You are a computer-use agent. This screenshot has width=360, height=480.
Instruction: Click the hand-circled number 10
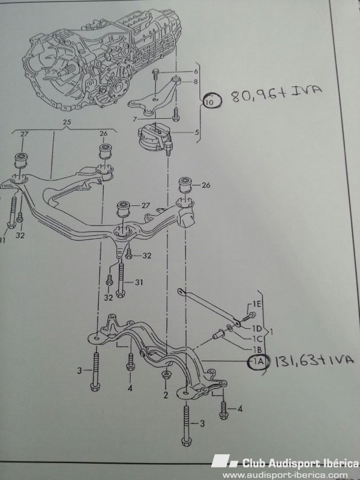click(x=211, y=100)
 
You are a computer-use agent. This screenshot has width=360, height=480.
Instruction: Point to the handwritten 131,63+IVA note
click(x=313, y=361)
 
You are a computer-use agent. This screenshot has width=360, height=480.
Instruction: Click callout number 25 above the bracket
click(x=67, y=122)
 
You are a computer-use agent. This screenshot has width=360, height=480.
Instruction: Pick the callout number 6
click(x=196, y=71)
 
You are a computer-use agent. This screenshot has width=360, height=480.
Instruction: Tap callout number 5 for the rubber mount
click(x=197, y=132)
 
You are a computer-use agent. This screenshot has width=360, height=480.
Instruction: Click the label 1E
click(x=257, y=304)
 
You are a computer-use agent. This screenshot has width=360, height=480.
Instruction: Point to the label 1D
click(x=257, y=328)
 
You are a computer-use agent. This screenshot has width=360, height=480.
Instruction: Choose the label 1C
click(x=258, y=339)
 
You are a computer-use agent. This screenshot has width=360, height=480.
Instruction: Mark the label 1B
click(x=257, y=350)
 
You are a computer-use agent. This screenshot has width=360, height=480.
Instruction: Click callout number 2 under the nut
click(x=166, y=395)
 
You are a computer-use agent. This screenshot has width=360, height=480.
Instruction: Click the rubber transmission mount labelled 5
click(x=154, y=137)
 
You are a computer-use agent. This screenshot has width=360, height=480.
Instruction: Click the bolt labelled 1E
click(x=249, y=316)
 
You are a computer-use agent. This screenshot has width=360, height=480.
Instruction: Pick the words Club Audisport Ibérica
click(x=300, y=463)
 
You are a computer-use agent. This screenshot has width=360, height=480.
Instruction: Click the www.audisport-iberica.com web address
click(x=286, y=475)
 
